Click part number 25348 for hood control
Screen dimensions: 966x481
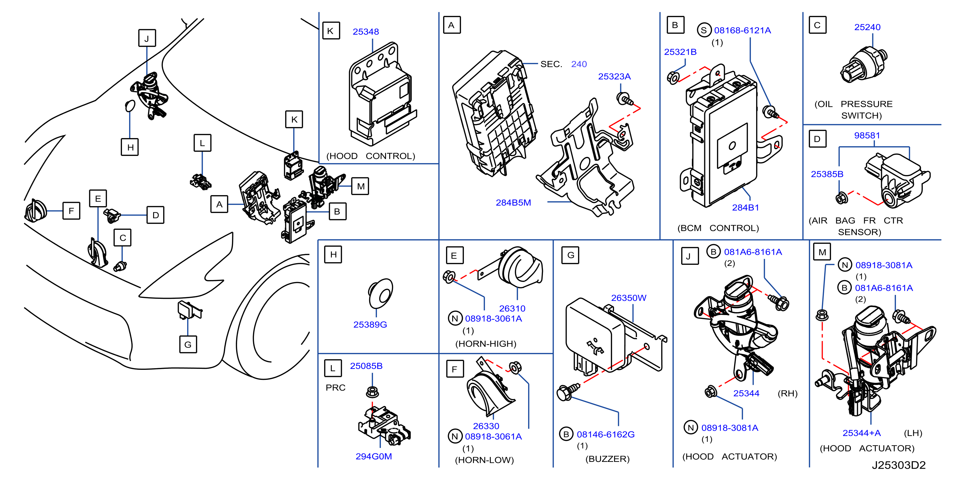[x=366, y=32]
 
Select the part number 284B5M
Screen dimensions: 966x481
[x=513, y=203]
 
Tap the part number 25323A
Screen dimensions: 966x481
[x=614, y=76]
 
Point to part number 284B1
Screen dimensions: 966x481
[x=745, y=207]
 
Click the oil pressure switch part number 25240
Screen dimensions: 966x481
[x=867, y=27]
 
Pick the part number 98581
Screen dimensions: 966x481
[x=867, y=135]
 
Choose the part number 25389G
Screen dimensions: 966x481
[x=370, y=324]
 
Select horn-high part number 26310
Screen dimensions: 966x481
[x=512, y=308]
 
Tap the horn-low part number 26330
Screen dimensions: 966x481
[x=486, y=426]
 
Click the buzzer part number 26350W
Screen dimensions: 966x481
[x=629, y=298]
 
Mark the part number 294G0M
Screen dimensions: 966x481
[x=374, y=456]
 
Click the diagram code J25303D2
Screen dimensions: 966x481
[x=899, y=465]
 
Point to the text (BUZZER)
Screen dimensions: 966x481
[x=608, y=459]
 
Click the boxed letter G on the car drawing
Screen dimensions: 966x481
[x=188, y=344]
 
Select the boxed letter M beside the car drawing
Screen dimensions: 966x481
[x=360, y=186]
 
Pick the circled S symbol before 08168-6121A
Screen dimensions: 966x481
[x=704, y=30]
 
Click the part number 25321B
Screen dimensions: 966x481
[x=680, y=52]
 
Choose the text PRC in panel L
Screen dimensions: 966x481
[x=336, y=388]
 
